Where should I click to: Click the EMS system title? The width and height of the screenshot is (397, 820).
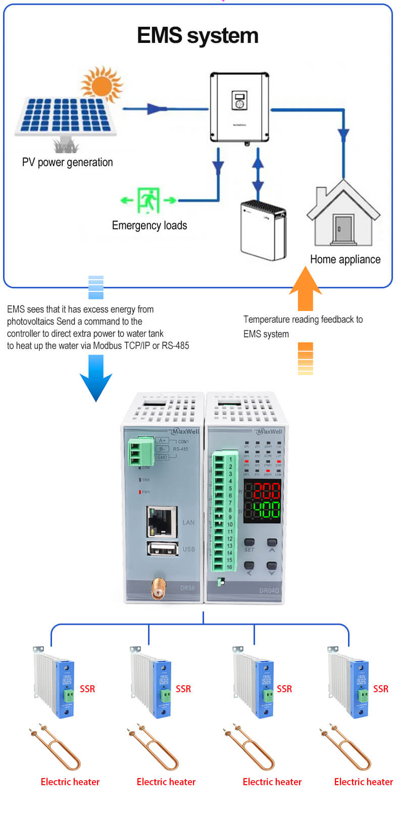[197, 36]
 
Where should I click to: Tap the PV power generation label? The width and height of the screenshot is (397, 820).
[67, 162]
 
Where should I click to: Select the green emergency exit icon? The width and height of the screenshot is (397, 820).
[148, 200]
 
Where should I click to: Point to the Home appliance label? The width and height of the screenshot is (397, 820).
[345, 259]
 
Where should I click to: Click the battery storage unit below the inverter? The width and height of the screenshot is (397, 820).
[263, 230]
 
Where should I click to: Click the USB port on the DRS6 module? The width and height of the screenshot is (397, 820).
[162, 549]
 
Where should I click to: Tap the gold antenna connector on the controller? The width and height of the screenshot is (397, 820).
[159, 588]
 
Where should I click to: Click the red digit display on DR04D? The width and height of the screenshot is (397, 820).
[266, 490]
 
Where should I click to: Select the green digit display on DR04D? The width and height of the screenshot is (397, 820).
[266, 509]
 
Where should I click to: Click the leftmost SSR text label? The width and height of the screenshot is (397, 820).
[87, 689]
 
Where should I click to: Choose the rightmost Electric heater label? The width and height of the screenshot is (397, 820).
[363, 782]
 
